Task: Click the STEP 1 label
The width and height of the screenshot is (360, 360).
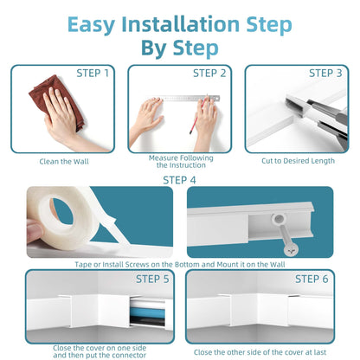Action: coord(93,74)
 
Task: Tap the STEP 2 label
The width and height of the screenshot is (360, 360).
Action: coord(209,74)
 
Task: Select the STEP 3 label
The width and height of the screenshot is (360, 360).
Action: coord(325,74)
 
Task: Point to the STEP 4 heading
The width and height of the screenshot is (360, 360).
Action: coord(179,180)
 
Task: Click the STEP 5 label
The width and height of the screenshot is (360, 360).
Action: coord(152,279)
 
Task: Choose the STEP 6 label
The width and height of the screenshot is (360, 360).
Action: coord(312,279)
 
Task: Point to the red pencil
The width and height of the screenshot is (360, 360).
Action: coord(198,115)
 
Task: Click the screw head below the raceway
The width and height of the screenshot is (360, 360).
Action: coord(291,250)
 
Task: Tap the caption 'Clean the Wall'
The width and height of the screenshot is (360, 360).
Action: coord(64,162)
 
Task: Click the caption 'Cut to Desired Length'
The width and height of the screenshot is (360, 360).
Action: coord(298,161)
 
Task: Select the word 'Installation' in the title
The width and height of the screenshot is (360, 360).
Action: coord(181,24)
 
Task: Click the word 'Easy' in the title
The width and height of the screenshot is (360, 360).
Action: coord(91,25)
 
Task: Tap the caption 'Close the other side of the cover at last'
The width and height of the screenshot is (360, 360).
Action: coord(260,352)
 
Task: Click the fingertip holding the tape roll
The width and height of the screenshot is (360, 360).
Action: coord(34,231)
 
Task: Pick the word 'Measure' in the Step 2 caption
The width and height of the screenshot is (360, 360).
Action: coord(162,158)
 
